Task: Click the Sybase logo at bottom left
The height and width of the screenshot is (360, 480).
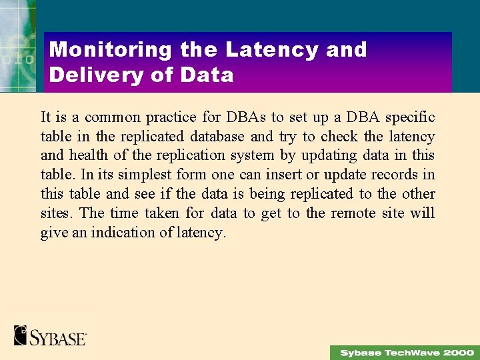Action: (51, 336)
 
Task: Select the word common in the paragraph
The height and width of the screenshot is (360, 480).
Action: (112, 117)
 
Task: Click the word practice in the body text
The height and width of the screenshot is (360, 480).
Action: (171, 117)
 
